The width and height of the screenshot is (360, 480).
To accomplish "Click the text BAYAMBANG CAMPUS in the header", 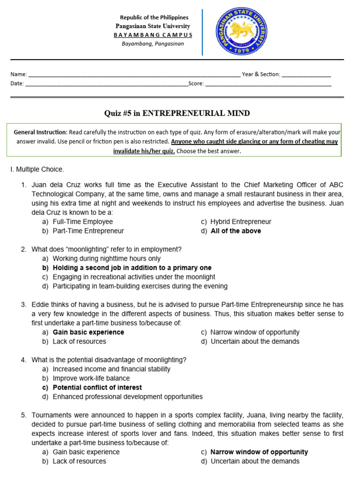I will coord(153,35).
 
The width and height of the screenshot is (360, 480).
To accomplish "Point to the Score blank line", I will coord(268,85).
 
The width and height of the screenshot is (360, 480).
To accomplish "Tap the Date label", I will coord(17,84).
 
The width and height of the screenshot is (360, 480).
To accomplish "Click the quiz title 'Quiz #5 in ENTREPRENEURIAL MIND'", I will coord(176,113).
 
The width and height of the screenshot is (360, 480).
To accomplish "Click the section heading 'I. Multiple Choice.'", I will coord(37,169).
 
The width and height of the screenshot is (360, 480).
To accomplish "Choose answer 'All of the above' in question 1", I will coord(236,231).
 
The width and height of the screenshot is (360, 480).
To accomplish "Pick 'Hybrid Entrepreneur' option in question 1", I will coord(241,222).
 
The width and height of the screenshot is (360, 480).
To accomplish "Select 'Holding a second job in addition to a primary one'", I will coord(132,268).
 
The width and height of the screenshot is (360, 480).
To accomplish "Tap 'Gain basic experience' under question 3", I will coord(88,332).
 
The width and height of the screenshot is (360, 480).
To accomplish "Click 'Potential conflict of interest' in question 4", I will coord(97,388).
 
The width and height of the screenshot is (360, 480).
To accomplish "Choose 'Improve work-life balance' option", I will coord(91,378).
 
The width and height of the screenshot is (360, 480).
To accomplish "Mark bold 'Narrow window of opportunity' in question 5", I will coord(259,452).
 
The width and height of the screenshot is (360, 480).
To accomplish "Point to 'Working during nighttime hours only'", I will coord(106,259).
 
